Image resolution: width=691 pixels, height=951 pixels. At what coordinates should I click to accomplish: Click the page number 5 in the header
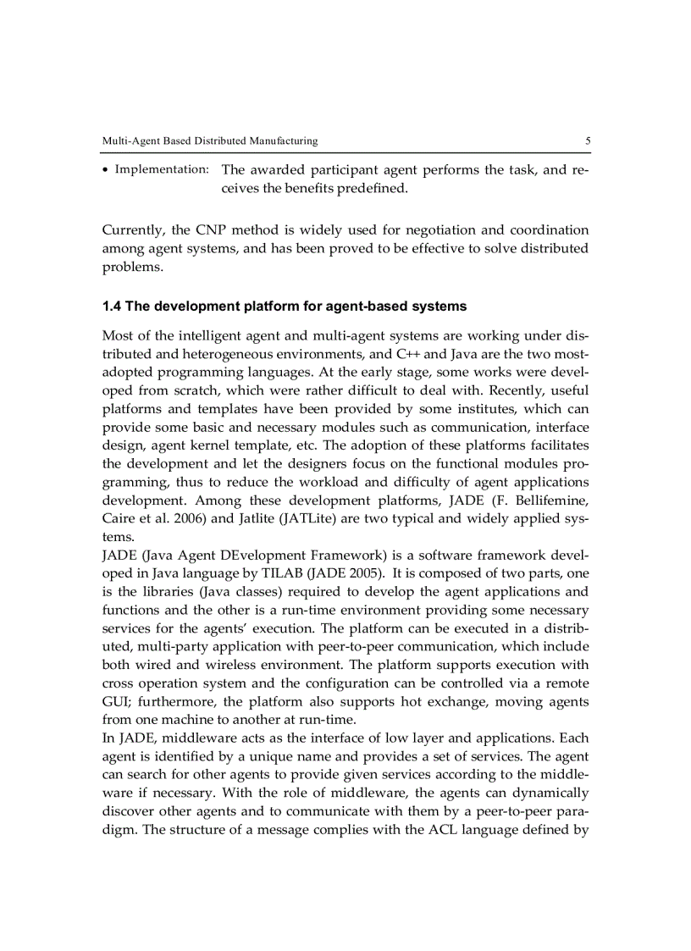[587, 141]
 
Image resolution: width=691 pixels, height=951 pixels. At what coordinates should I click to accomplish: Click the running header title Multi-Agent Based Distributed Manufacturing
[209, 141]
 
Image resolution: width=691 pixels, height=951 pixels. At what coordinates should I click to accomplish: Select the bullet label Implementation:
[162, 169]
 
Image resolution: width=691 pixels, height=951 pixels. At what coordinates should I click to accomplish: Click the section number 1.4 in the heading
[112, 305]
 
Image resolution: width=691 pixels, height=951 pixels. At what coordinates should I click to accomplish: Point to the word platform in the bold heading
[253, 305]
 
